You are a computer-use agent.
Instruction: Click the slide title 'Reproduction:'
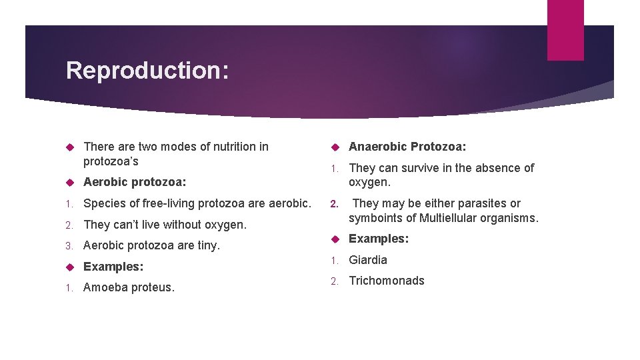pos(147,70)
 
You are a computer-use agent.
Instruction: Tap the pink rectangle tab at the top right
pos(565,30)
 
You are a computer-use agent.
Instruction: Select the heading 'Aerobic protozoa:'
pos(135,182)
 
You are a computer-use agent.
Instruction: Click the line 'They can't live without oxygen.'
pos(165,225)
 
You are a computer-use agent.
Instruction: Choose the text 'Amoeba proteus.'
pos(129,287)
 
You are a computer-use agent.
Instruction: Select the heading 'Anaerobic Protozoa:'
pos(407,147)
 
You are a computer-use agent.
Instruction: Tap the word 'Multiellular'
pos(451,218)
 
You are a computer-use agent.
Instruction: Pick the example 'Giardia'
pos(368,260)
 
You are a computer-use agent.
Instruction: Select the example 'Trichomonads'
pos(387,281)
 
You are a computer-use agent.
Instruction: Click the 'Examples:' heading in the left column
pos(113,267)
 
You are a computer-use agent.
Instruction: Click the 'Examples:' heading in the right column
pos(379,239)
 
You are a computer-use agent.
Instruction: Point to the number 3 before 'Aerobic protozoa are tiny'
pos(69,246)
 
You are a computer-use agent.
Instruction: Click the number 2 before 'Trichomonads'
pos(335,281)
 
